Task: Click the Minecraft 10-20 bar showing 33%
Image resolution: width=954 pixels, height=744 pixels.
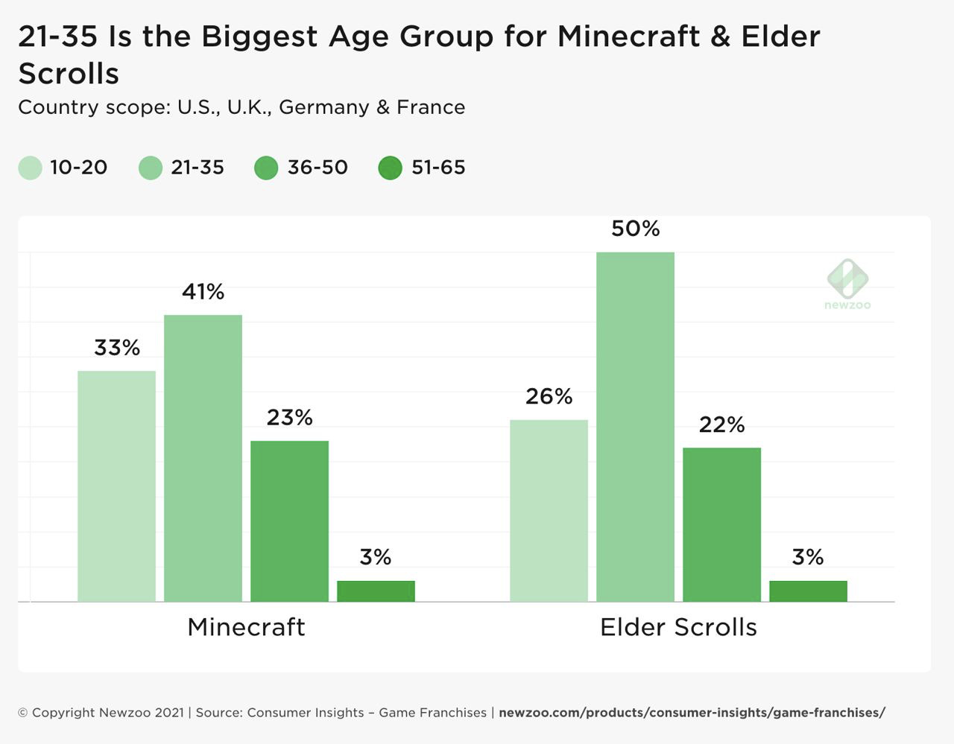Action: click(x=116, y=486)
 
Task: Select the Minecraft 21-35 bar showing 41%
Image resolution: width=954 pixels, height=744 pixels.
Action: click(x=203, y=458)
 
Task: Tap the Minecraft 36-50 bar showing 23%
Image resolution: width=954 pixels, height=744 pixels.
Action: click(x=289, y=521)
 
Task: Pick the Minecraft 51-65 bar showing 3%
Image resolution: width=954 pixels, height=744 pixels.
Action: click(x=376, y=591)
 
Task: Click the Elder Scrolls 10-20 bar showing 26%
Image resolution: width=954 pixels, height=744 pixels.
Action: click(x=549, y=510)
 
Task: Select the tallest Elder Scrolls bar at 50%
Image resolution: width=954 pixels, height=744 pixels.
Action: click(x=635, y=426)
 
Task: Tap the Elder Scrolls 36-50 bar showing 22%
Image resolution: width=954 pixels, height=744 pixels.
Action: click(x=721, y=524)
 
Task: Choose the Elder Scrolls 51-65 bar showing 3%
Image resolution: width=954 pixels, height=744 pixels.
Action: click(x=808, y=591)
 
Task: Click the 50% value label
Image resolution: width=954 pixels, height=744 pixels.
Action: click(x=635, y=229)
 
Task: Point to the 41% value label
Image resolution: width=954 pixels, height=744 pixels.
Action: click(x=203, y=292)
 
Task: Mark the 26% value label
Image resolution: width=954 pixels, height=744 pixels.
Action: click(x=549, y=396)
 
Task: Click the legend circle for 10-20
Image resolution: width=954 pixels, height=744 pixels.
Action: click(x=30, y=168)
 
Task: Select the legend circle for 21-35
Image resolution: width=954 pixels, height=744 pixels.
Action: click(x=151, y=168)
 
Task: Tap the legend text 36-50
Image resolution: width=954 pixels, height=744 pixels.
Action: click(x=318, y=168)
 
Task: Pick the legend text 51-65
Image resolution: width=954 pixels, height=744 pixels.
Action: click(x=438, y=168)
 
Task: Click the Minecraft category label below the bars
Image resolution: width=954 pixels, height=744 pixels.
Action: click(x=246, y=627)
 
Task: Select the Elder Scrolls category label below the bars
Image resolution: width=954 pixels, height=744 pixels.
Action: click(x=678, y=627)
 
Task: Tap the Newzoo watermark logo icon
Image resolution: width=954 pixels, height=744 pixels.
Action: click(x=847, y=279)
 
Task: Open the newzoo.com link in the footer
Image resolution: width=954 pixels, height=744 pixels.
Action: click(x=692, y=713)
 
